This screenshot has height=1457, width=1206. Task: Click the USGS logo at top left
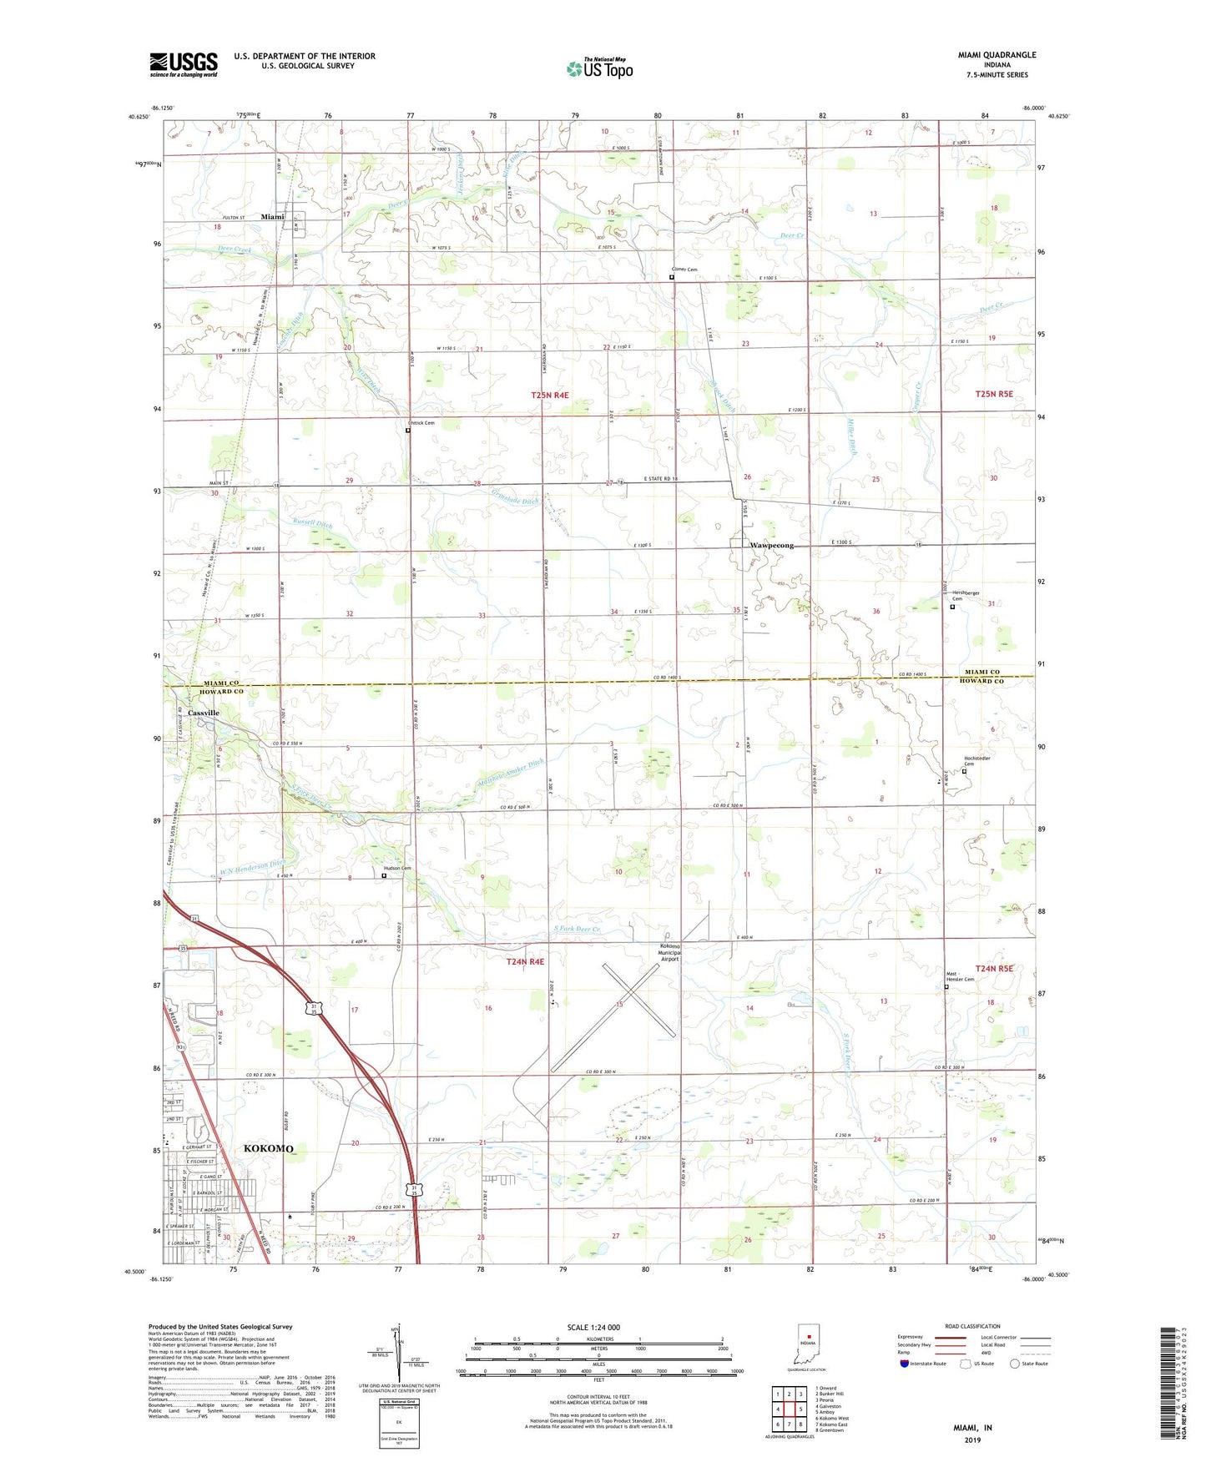pyautogui.click(x=184, y=64)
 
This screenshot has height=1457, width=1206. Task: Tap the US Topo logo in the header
pyautogui.click(x=599, y=68)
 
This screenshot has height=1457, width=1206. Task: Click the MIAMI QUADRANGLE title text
pyautogui.click(x=997, y=55)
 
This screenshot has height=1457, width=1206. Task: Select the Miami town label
pyautogui.click(x=272, y=217)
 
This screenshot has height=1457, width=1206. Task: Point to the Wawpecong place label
pyautogui.click(x=771, y=546)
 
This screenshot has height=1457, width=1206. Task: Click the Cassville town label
pyautogui.click(x=204, y=713)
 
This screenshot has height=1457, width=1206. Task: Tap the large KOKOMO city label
pyautogui.click(x=269, y=1149)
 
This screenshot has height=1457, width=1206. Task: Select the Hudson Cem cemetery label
pyautogui.click(x=397, y=869)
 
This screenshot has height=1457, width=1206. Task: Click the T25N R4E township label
pyautogui.click(x=549, y=395)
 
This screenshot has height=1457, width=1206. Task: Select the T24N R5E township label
pyautogui.click(x=993, y=969)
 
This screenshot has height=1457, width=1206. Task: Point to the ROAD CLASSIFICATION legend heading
pyautogui.click(x=972, y=1326)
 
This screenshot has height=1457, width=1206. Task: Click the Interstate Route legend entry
pyautogui.click(x=923, y=1364)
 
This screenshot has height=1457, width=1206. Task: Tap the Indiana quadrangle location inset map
pyautogui.click(x=808, y=1345)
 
